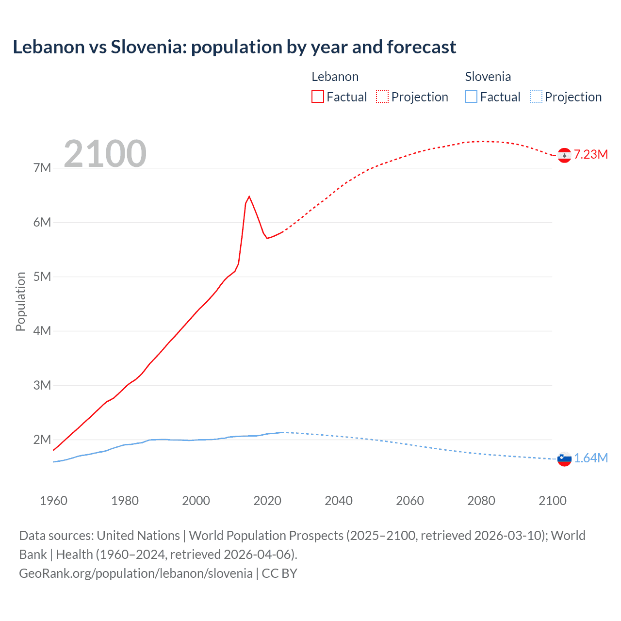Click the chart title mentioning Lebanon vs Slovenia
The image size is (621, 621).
pyautogui.click(x=234, y=47)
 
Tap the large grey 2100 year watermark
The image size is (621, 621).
pyautogui.click(x=105, y=153)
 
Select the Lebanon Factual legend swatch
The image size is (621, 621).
pyautogui.click(x=317, y=97)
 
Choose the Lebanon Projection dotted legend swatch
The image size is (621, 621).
pyautogui.click(x=382, y=97)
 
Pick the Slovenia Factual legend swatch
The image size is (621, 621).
pyautogui.click(x=471, y=97)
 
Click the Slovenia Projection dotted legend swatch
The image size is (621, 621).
pyautogui.click(x=536, y=97)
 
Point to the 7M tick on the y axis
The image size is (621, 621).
pyautogui.click(x=42, y=168)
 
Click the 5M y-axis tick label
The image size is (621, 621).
pyautogui.click(x=42, y=277)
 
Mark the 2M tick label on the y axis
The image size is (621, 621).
pyautogui.click(x=42, y=440)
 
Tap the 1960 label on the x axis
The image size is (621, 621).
pyautogui.click(x=53, y=501)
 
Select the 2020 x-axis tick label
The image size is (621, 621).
pyautogui.click(x=267, y=501)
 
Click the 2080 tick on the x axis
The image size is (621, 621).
pyautogui.click(x=481, y=501)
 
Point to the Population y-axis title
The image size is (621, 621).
pyautogui.click(x=20, y=301)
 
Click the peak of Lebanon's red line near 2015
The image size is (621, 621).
pyautogui.click(x=249, y=196)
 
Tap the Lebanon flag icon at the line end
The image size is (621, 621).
pyautogui.click(x=564, y=155)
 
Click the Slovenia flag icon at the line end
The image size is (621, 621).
pyautogui.click(x=564, y=458)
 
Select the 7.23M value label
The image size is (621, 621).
pyautogui.click(x=591, y=154)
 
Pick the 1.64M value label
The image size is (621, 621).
pyautogui.click(x=591, y=458)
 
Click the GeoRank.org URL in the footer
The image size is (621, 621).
pyautogui.click(x=136, y=573)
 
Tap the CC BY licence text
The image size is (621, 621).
pyautogui.click(x=279, y=573)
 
